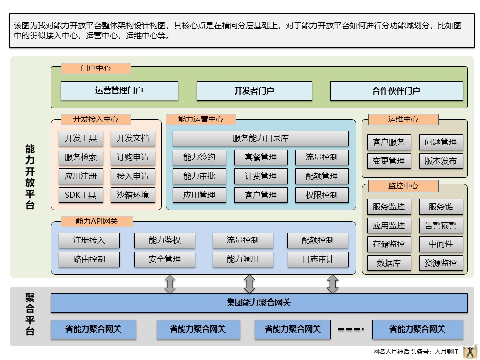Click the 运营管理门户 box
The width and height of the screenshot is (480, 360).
[x=119, y=91]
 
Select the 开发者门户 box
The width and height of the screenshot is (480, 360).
[x=254, y=91]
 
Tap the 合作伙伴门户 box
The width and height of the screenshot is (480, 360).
[x=396, y=91]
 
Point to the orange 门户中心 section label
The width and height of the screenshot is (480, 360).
[x=96, y=69]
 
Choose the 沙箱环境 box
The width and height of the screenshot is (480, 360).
[x=133, y=195]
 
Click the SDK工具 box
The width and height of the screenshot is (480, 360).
[x=81, y=195]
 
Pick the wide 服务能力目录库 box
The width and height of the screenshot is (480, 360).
[x=260, y=138]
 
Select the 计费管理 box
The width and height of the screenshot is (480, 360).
[x=261, y=176]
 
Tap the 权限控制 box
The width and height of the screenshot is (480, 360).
[x=322, y=195]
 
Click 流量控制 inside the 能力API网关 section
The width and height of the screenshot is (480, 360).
[x=243, y=240]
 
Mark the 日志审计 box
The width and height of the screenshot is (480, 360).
[x=318, y=259]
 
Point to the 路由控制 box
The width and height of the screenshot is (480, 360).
[x=89, y=259]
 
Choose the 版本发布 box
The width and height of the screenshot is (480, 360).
[x=441, y=161]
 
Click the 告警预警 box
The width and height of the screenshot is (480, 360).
[x=441, y=225]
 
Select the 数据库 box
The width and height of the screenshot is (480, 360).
[x=389, y=263]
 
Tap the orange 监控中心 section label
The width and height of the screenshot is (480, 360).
[x=403, y=186]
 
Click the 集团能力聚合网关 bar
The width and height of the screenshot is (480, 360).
[x=259, y=303]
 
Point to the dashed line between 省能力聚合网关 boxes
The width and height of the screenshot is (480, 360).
[x=351, y=329]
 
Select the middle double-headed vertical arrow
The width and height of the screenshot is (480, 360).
[x=249, y=284]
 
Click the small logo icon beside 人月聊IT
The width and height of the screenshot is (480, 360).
[x=470, y=351]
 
